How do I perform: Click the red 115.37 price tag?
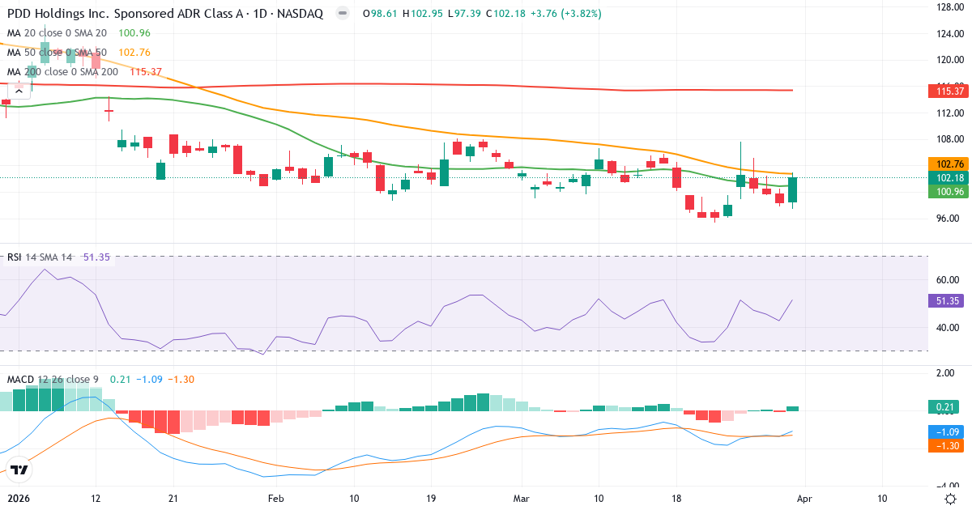(946, 91)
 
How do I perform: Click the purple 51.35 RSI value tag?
(946, 300)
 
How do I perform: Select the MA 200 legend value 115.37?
(146, 72)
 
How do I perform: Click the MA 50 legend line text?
(57, 53)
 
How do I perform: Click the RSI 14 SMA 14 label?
(39, 257)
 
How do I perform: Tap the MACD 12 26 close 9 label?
(53, 380)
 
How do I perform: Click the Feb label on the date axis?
(276, 499)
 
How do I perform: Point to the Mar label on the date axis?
(521, 499)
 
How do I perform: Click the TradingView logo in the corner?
(19, 469)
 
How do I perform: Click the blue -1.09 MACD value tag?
(946, 432)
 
